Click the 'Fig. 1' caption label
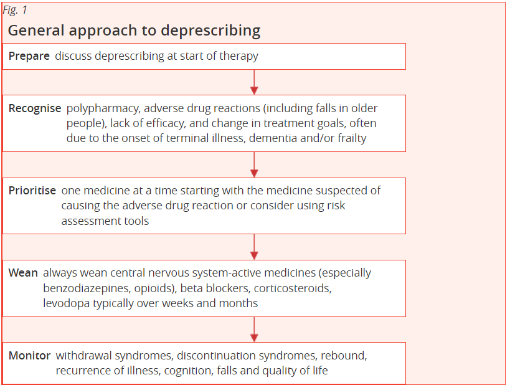(x=15, y=11)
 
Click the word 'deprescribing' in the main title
(x=210, y=31)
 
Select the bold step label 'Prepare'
(x=29, y=56)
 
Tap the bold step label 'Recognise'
(x=35, y=108)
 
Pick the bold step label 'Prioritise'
(x=32, y=191)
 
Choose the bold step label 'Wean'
(x=23, y=273)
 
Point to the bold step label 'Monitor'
(x=30, y=355)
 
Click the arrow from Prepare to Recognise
(x=254, y=82)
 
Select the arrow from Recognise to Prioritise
(x=254, y=164)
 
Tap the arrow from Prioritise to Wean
(x=254, y=247)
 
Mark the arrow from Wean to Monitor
(x=254, y=330)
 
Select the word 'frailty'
(x=352, y=139)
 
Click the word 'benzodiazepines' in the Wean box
(x=87, y=288)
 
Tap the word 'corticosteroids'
(x=293, y=288)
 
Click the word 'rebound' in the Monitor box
(x=344, y=356)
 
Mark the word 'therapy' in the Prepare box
(x=238, y=56)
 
